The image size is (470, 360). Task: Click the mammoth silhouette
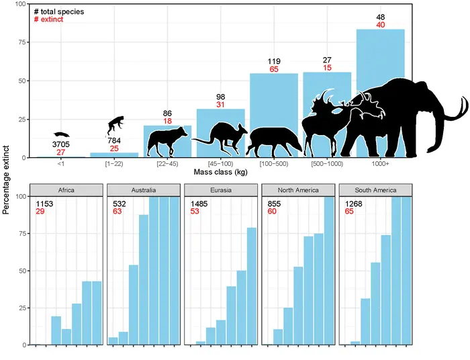(x=396, y=121)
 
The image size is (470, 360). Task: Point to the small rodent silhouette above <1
(x=61, y=135)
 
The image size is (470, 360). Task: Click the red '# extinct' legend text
(x=48, y=20)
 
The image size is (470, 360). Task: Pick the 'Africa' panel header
(x=66, y=189)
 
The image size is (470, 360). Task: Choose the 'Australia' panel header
(x=142, y=189)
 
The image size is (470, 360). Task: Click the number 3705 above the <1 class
(x=61, y=144)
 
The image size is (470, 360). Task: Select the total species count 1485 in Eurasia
(x=199, y=204)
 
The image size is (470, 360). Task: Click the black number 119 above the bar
(x=273, y=62)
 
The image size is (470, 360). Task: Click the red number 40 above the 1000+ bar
(x=381, y=25)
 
